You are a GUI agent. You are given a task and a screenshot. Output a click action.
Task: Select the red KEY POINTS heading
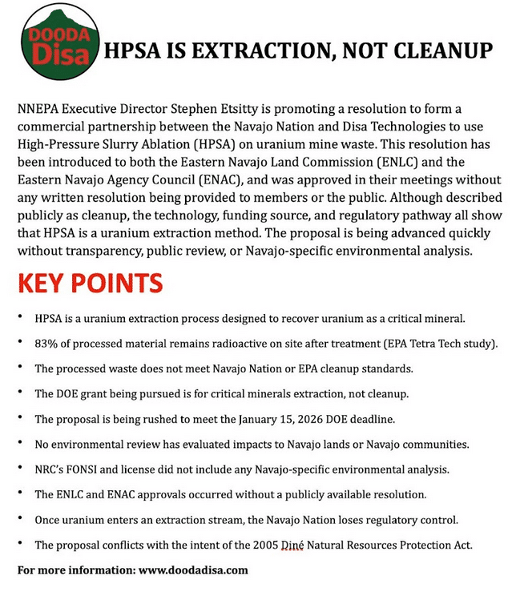tap(90, 284)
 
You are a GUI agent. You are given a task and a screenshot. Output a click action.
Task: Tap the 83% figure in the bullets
tap(46, 344)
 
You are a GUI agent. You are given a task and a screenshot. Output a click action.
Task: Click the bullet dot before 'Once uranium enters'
tap(19, 520)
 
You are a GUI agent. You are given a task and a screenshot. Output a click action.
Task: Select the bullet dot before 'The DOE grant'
tap(19, 393)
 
